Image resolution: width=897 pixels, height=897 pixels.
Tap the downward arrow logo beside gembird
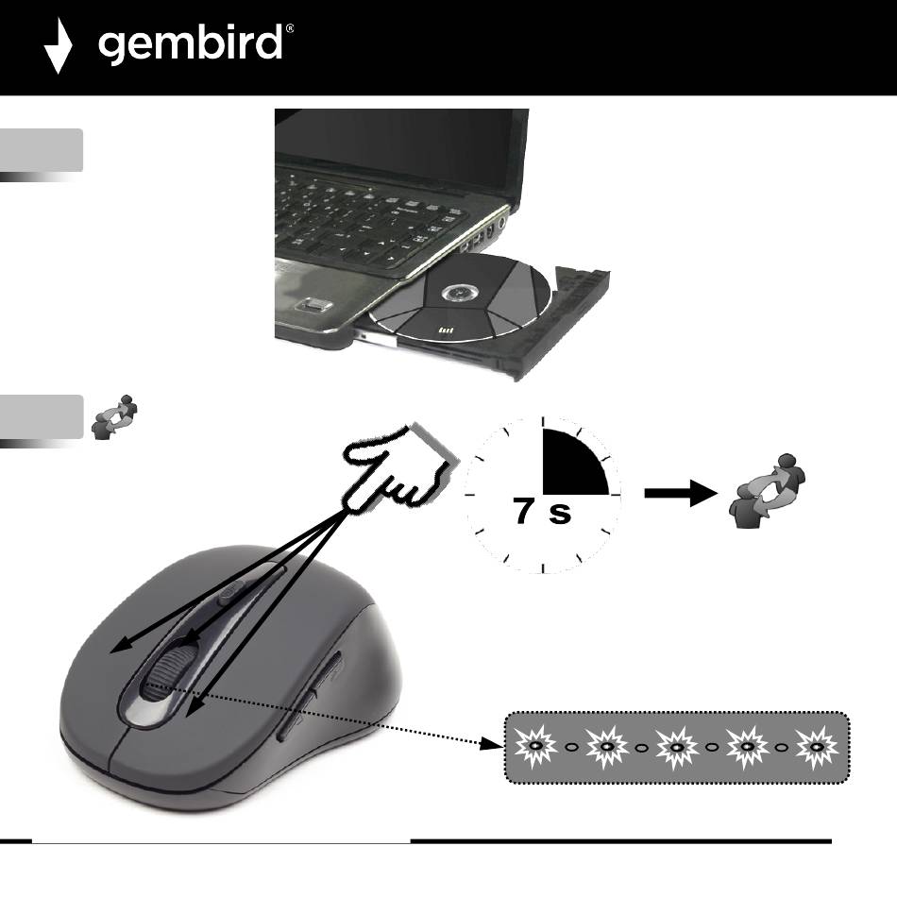(59, 47)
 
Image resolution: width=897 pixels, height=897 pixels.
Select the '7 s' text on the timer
(541, 513)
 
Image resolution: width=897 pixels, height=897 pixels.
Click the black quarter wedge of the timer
(571, 465)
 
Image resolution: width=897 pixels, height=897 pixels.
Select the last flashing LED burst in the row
(817, 747)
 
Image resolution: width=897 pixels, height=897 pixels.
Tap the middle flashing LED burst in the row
(676, 747)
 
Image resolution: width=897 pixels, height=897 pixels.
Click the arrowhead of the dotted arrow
(492, 745)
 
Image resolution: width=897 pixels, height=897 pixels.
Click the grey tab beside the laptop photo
(42, 151)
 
